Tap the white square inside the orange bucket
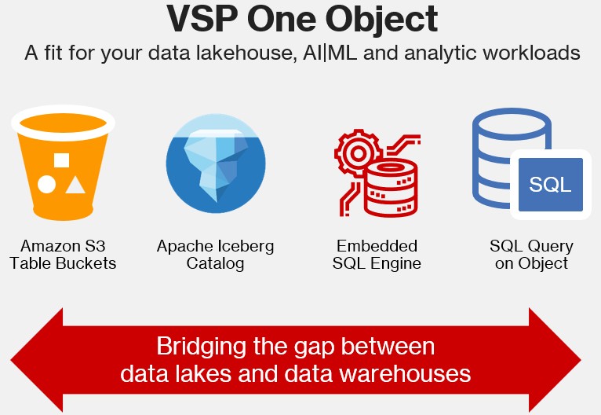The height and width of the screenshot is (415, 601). coord(61,161)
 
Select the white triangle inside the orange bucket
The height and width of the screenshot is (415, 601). coord(75,185)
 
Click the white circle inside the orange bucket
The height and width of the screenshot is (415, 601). coord(46,185)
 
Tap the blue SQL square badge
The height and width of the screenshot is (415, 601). coord(551,185)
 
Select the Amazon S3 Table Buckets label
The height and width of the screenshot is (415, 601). coord(63,255)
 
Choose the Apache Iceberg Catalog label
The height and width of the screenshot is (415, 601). coord(215,255)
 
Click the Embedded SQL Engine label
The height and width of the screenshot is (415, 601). coord(377,255)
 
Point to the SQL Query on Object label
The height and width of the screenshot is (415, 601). coord(531,255)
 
